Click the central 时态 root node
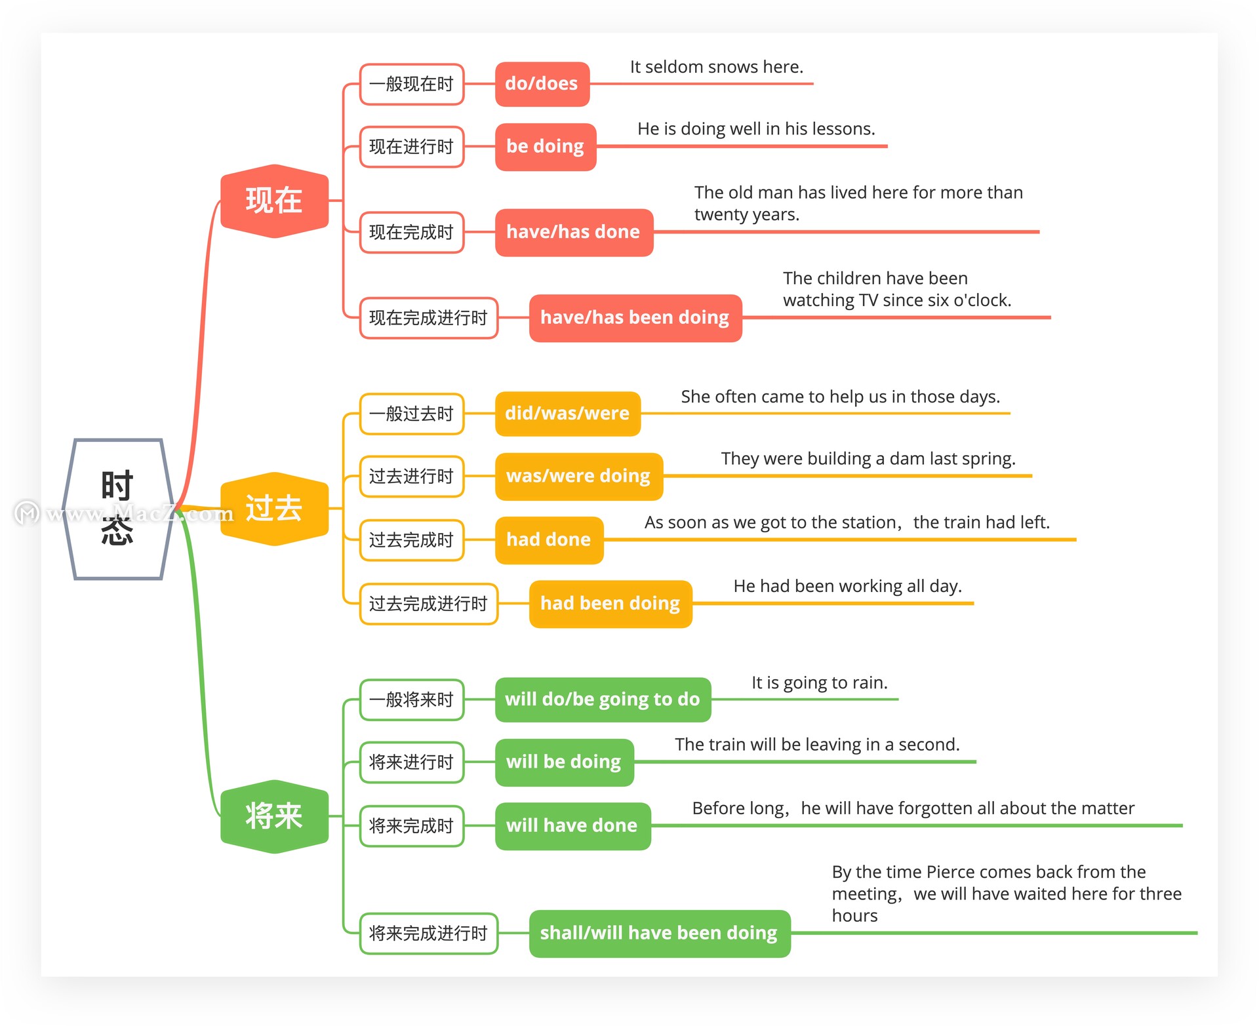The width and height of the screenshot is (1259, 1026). tap(118, 509)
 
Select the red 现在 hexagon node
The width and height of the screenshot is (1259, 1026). tap(274, 201)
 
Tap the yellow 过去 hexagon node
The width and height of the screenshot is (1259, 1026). tap(274, 509)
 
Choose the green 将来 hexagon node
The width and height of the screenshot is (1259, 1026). tap(274, 817)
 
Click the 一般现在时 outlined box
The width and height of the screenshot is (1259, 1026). tap(412, 84)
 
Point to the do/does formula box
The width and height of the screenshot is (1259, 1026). tap(542, 84)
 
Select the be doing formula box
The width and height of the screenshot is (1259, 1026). tap(546, 146)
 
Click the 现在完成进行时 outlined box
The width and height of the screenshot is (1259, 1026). tap(429, 318)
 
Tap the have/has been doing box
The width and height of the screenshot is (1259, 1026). tap(635, 318)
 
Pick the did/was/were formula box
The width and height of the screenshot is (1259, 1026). tap(568, 414)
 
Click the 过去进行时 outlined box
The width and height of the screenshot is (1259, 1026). tap(412, 477)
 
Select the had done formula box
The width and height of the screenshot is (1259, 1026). tap(550, 540)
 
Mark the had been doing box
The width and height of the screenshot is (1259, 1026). tap(610, 604)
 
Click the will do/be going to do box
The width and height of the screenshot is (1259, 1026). tap(603, 700)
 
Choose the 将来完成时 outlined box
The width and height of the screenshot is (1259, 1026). tap(412, 826)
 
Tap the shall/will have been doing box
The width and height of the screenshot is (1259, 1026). tap(660, 934)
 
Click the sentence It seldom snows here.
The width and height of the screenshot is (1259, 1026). tap(717, 67)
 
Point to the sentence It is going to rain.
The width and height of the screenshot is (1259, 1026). tap(820, 683)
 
